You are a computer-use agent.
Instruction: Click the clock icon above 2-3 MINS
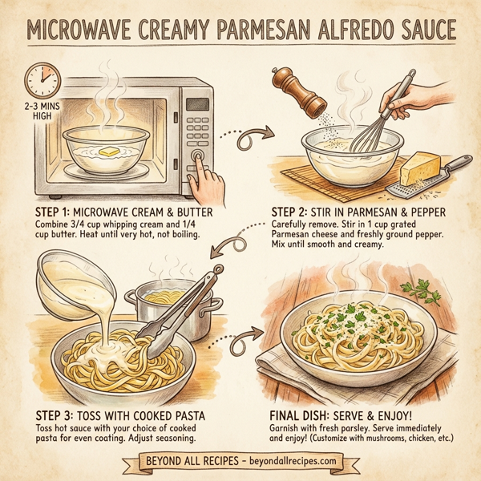coord(40,82)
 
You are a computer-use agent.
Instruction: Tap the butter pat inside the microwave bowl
coord(107,150)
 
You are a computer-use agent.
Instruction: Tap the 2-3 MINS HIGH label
coord(38,113)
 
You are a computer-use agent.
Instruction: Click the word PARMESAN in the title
coord(232,32)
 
